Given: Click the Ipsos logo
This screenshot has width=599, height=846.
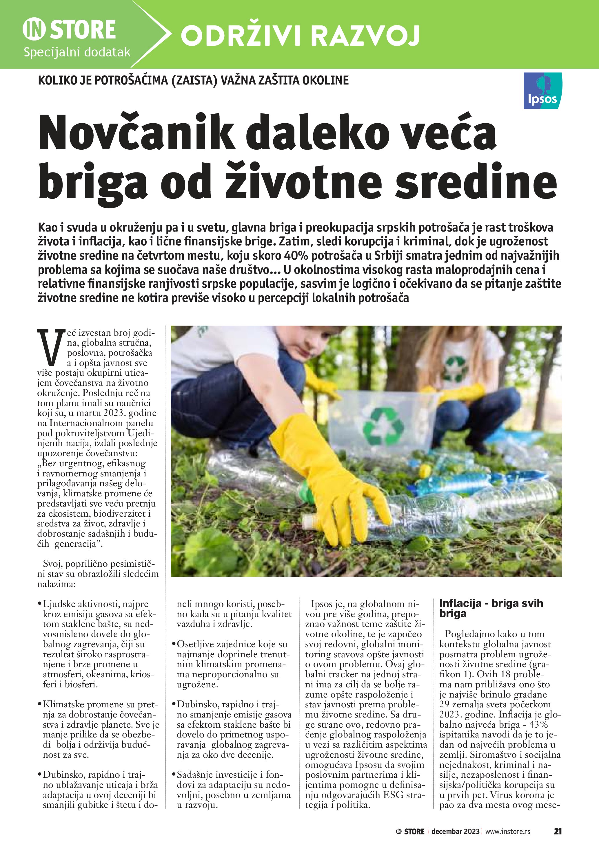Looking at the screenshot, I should click(x=542, y=91).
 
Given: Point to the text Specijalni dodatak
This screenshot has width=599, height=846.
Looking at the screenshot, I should click(x=77, y=52).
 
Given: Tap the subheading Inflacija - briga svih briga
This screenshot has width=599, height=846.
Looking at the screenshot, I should click(x=491, y=608).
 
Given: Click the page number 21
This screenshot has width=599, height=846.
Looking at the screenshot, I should click(x=557, y=831).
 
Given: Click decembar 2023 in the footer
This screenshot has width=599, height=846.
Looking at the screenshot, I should click(x=455, y=831).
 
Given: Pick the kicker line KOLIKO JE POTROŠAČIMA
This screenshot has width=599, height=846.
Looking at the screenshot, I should click(x=193, y=80).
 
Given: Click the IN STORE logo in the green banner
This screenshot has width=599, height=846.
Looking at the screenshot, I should click(x=69, y=30).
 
